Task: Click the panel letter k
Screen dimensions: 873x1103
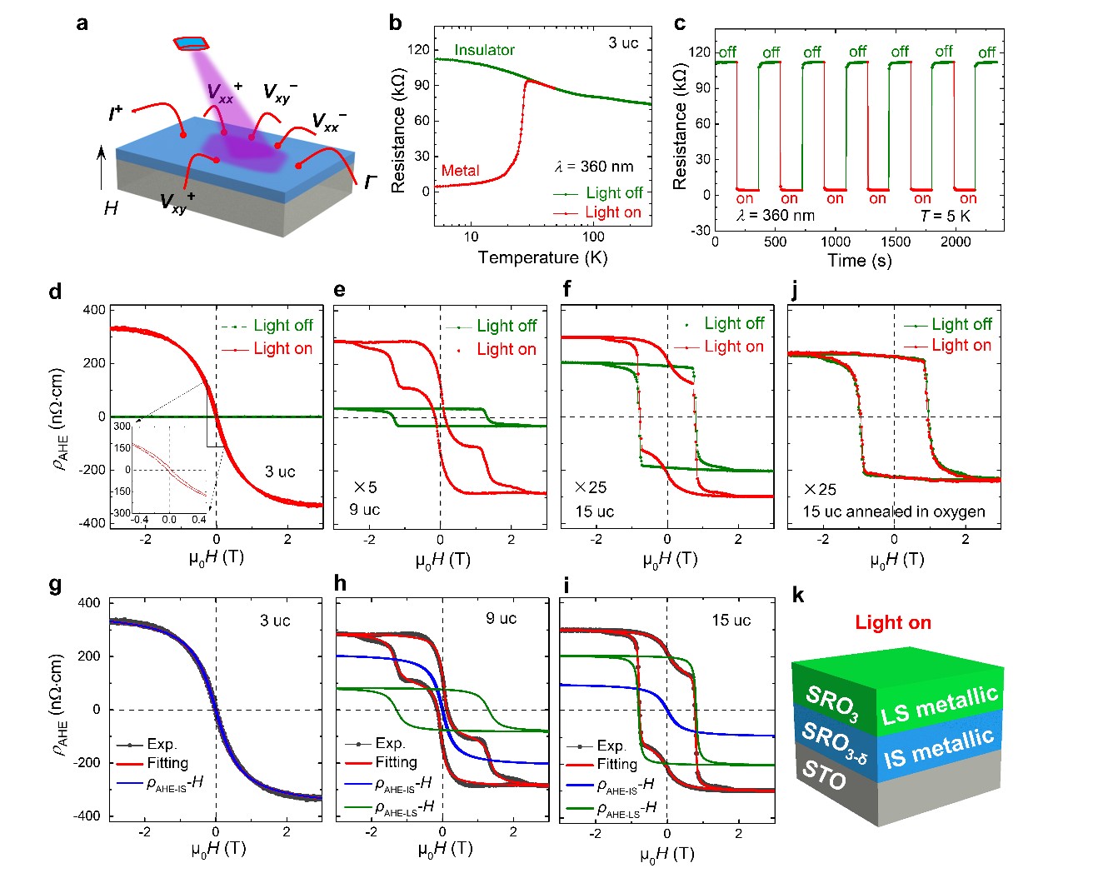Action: click(x=798, y=595)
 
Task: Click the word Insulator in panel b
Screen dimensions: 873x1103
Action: click(x=484, y=50)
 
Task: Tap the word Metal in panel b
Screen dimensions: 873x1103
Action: click(x=460, y=171)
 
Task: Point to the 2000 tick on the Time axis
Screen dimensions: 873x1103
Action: click(x=956, y=242)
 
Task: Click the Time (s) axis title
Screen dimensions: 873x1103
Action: click(x=859, y=260)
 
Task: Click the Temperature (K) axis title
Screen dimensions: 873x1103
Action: click(x=542, y=257)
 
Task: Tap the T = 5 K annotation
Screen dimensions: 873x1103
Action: click(x=945, y=216)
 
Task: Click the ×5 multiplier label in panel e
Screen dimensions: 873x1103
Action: click(x=365, y=487)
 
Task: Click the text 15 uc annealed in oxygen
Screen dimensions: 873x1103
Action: click(x=893, y=511)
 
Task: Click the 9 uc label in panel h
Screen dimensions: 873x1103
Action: click(x=501, y=618)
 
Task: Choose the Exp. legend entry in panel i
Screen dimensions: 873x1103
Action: click(x=611, y=746)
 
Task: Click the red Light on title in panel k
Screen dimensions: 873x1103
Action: click(x=892, y=622)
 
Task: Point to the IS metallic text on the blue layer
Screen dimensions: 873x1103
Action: click(x=939, y=747)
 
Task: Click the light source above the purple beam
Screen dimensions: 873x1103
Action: click(x=191, y=42)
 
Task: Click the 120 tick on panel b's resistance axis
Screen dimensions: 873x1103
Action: click(x=419, y=50)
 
